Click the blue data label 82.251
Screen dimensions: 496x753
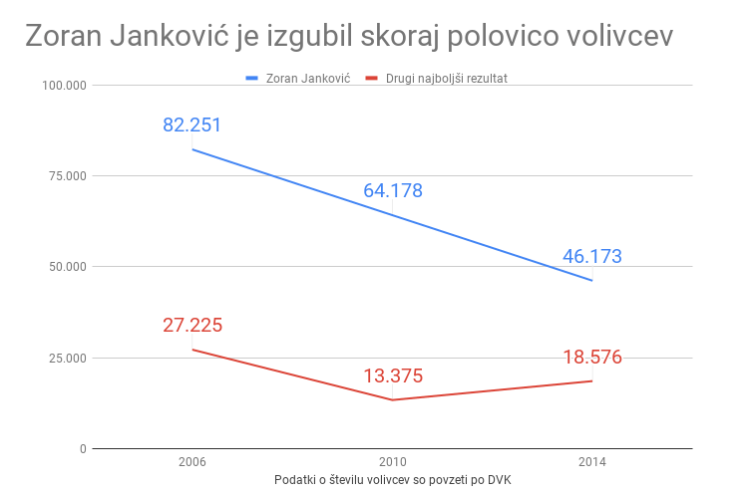coord(192,125)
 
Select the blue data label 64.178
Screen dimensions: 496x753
coord(393,190)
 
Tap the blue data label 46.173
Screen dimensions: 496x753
coord(592,256)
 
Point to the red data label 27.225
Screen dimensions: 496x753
coord(192,326)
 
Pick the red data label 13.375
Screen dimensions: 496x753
coord(393,376)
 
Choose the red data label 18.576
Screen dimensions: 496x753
coord(592,357)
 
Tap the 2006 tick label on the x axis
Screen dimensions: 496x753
coord(192,462)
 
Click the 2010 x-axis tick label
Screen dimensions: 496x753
coord(393,462)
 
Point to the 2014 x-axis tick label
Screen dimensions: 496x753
coord(592,462)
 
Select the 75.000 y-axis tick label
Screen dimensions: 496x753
coord(67,176)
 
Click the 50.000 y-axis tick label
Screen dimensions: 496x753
coord(67,267)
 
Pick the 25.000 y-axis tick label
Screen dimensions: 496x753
coord(67,359)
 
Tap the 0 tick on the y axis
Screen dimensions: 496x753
coord(83,449)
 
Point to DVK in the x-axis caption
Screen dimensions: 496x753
coord(497,480)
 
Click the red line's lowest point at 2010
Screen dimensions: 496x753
coord(393,400)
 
